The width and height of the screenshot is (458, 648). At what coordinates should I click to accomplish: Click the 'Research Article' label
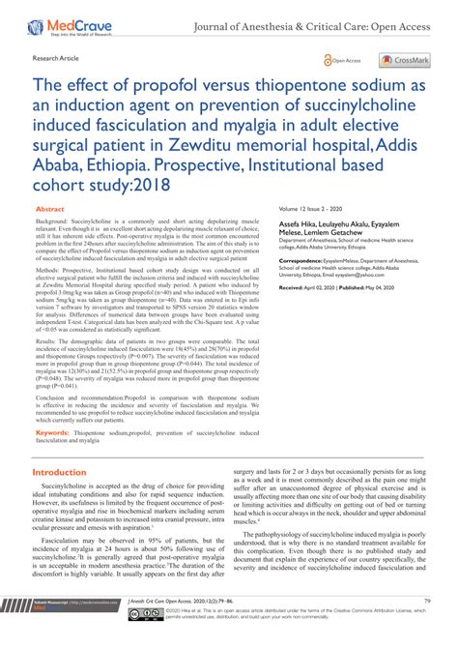58,59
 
